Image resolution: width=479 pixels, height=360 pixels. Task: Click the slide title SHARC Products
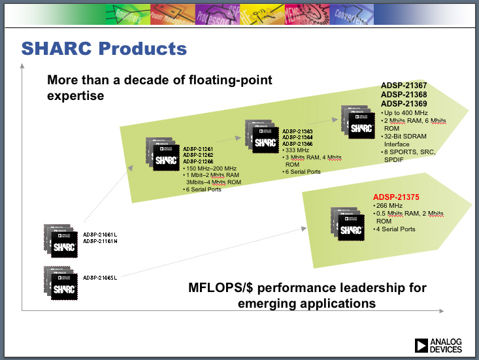104,48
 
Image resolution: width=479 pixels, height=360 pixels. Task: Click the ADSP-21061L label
100,234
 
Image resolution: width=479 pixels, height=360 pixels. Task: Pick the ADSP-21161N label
100,242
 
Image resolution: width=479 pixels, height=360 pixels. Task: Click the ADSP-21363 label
298,131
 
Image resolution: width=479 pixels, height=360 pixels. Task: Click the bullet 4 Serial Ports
396,229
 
